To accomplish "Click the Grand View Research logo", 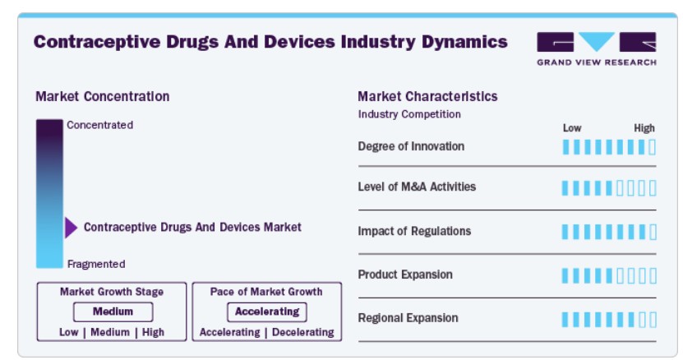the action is tap(597, 48).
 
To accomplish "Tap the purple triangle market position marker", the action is tap(71, 228).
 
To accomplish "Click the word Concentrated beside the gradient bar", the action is tap(99, 125).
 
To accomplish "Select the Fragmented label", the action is tap(96, 264).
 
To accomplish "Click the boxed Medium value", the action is tap(113, 312).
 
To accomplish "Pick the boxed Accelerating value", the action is tap(267, 312).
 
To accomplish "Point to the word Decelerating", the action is tap(303, 332).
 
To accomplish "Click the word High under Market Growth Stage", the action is tap(153, 332).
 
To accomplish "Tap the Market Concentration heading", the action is tap(103, 96).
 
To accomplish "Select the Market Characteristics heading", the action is tap(427, 96).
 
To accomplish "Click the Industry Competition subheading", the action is tap(409, 114).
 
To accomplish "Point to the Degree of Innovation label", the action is tap(411, 146).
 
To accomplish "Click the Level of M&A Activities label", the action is tap(417, 187).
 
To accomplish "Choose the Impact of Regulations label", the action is tap(414, 231).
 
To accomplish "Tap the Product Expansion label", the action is tap(405, 275).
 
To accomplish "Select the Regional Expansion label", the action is tap(408, 318).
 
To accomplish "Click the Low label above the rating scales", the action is tap(572, 128).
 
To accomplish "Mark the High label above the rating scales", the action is tap(644, 128).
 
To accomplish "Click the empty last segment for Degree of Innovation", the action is tap(652, 147).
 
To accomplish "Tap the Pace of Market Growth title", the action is tap(266, 292).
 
